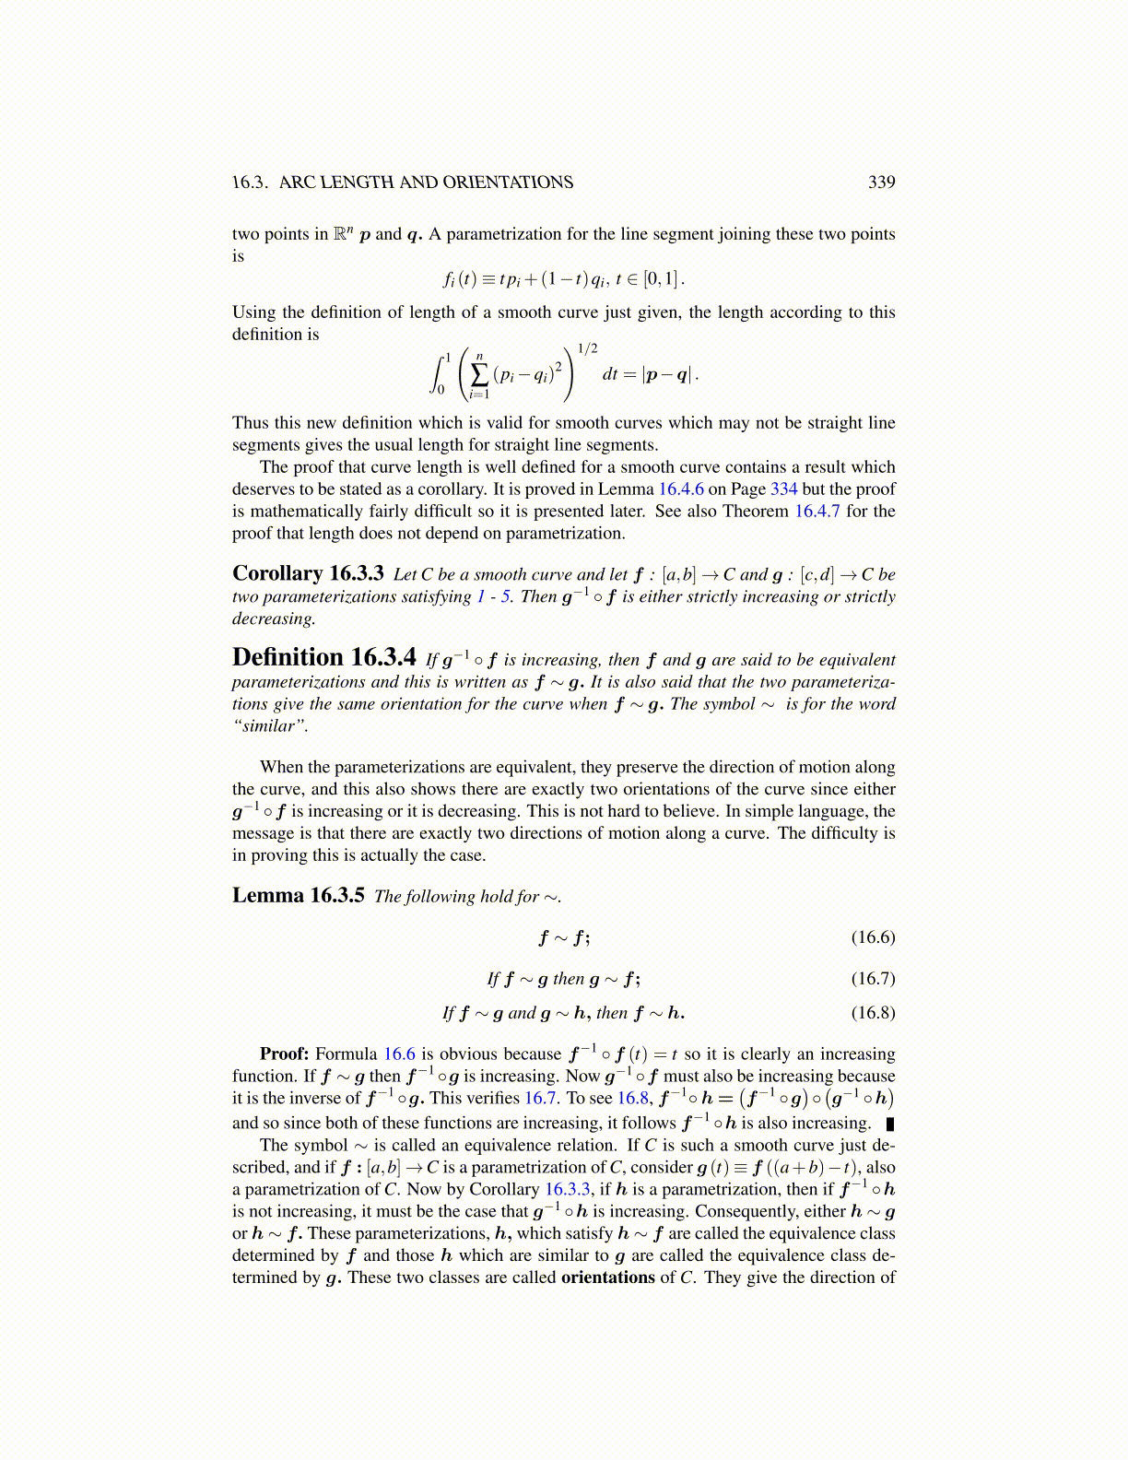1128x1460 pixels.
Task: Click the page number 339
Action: [x=881, y=182]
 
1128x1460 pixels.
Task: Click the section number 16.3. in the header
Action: [x=250, y=182]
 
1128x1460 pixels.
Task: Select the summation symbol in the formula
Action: [x=479, y=374]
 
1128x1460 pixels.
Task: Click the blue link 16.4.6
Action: [x=680, y=489]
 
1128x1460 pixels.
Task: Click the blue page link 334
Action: [x=783, y=489]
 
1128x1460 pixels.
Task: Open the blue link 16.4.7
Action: [x=817, y=512]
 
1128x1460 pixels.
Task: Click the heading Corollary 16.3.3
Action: [x=308, y=573]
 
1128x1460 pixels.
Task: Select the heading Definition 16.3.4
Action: [x=323, y=657]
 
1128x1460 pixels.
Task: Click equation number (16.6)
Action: [x=873, y=937]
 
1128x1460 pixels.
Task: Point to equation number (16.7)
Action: [x=873, y=979]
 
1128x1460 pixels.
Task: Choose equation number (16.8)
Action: [x=873, y=1013]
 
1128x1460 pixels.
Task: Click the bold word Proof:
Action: [x=284, y=1054]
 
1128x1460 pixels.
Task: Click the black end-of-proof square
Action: [x=890, y=1124]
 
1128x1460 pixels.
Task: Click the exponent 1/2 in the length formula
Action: [x=587, y=348]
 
